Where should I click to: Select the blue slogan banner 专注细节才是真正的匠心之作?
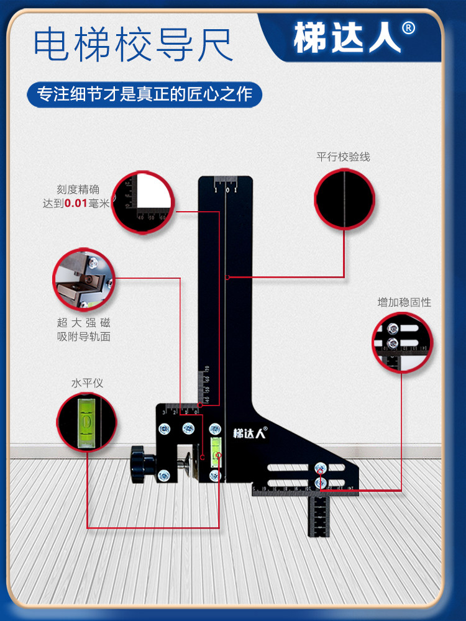tap(145, 95)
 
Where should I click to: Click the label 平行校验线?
tap(343, 156)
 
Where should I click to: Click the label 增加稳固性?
tap(404, 302)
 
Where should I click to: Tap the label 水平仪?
tap(87, 383)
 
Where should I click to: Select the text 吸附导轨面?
tap(83, 337)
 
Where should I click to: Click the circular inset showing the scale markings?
tap(142, 201)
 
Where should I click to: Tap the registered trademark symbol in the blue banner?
tap(408, 29)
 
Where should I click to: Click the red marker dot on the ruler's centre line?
tap(227, 277)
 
